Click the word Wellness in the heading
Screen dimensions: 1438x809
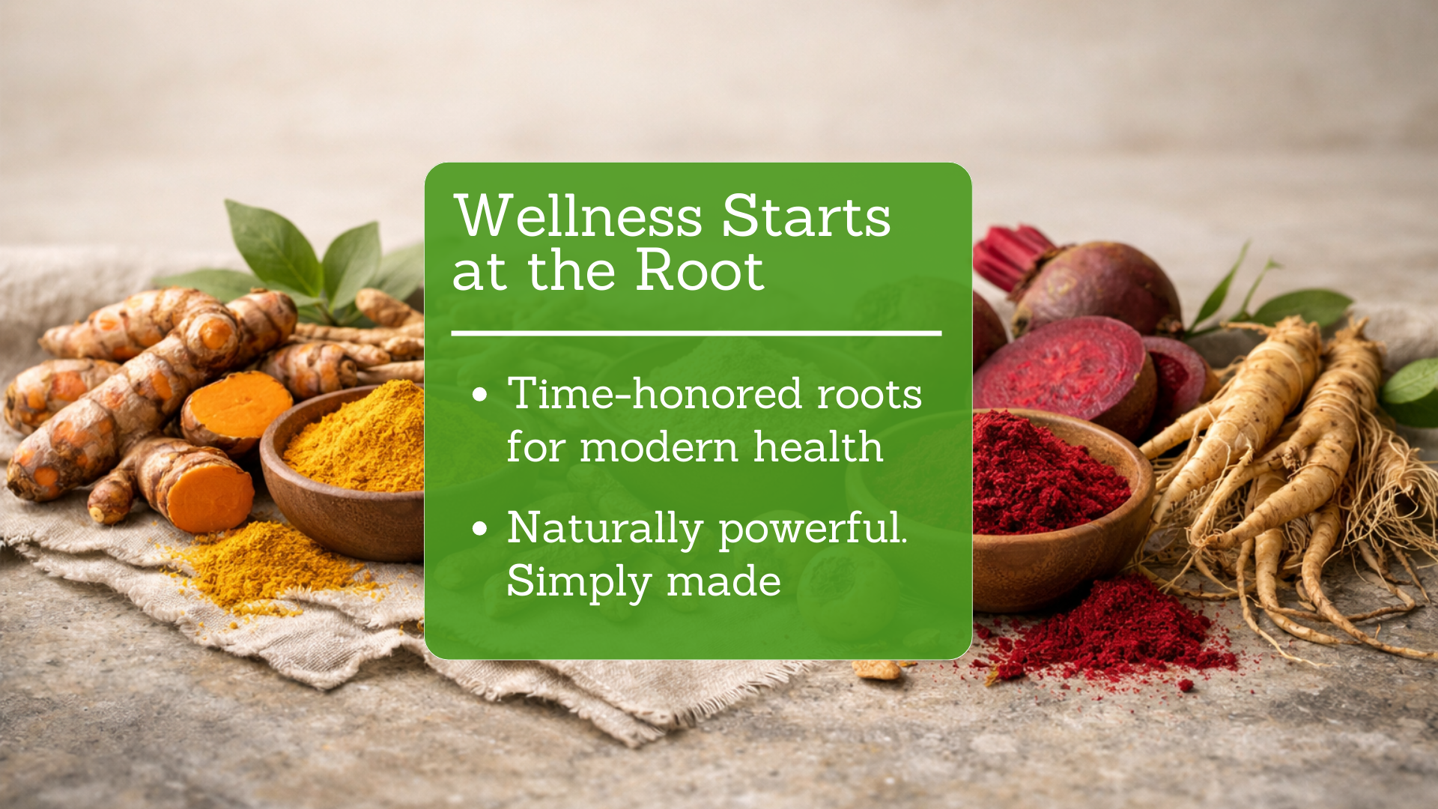click(578, 216)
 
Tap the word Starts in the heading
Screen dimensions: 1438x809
click(806, 216)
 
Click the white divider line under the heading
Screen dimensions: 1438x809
click(697, 333)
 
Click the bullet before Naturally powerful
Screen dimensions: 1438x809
click(480, 529)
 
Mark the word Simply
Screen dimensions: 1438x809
click(579, 583)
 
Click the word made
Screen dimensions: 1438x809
click(723, 581)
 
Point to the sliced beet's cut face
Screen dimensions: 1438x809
click(1060, 365)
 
